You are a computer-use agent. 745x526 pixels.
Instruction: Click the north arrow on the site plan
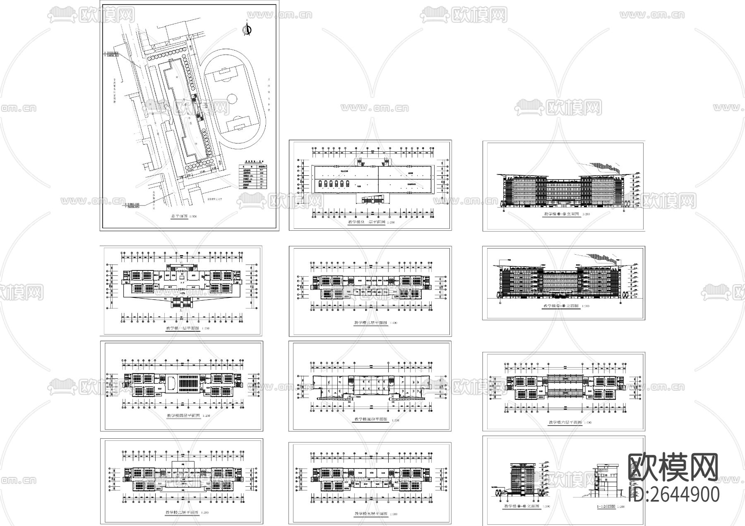point(248,30)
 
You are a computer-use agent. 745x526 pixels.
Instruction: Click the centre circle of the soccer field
point(232,99)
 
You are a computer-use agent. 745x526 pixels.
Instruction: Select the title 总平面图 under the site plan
point(179,216)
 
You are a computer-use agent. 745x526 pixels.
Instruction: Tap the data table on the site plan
point(253,176)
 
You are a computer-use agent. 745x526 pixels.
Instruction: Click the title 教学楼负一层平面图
point(367,222)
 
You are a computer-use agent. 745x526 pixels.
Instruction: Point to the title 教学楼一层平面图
point(183,328)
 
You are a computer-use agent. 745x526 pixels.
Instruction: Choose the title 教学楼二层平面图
point(182,512)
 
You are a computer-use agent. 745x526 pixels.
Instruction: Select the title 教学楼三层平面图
point(370,323)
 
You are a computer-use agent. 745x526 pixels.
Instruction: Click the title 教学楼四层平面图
point(183,415)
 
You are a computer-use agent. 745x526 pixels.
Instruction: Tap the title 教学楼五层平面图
point(371,514)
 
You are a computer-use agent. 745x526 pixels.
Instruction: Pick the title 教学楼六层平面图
point(565,423)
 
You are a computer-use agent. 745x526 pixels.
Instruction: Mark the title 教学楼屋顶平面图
point(371,419)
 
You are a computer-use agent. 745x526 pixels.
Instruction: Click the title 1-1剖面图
point(606,506)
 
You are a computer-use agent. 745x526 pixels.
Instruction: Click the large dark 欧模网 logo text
point(673,467)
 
